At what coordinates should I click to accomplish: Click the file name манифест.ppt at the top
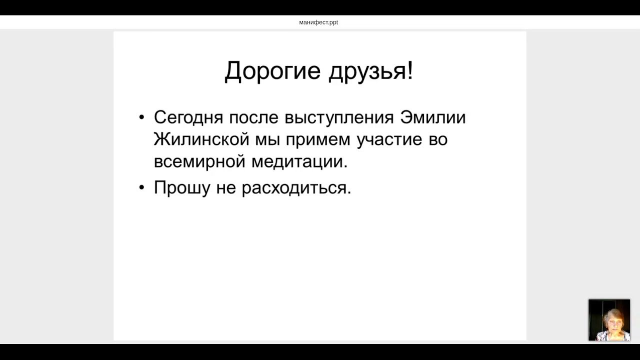318,22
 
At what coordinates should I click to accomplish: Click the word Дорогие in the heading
272,71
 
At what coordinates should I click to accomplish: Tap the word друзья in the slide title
367,71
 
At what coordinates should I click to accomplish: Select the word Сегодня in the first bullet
188,118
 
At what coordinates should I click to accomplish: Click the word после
253,117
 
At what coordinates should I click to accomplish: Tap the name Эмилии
433,117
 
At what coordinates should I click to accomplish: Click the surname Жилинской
201,139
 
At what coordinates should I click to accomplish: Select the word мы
267,140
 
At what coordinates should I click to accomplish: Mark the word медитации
299,162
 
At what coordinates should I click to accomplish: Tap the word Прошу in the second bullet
182,188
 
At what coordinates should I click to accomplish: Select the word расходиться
296,188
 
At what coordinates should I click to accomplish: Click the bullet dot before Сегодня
141,118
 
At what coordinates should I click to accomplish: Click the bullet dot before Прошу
141,188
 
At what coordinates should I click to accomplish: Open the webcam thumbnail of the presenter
609,320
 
